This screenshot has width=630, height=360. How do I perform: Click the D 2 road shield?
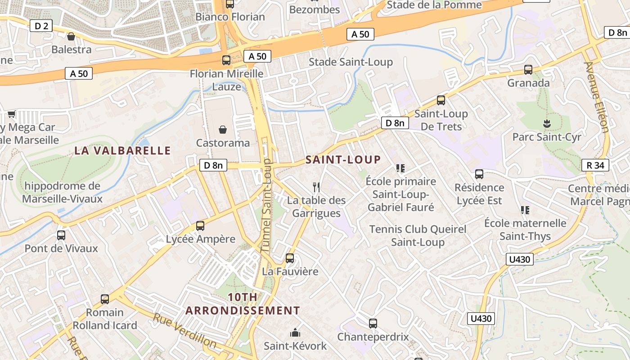41,26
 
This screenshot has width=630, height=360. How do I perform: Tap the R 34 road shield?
595,165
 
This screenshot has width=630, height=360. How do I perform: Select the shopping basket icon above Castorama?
222,130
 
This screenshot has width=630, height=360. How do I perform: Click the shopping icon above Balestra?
71,36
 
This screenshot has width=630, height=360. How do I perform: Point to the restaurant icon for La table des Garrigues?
317,187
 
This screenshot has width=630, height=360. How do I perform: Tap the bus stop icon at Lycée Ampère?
200,226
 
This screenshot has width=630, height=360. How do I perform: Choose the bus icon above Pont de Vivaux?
61,235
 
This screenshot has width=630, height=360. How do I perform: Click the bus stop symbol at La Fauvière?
290,258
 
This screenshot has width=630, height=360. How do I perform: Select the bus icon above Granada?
528,70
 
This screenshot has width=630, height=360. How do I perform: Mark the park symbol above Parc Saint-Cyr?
547,123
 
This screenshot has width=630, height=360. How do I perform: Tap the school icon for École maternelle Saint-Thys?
525,210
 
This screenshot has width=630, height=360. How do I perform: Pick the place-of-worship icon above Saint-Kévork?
295,333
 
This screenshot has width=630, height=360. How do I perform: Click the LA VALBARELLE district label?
122,150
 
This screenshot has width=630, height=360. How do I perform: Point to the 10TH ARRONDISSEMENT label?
243,304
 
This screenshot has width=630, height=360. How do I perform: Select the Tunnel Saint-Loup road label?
267,205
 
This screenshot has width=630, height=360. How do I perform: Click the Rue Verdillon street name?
184,330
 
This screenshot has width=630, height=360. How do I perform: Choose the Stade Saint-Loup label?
351,62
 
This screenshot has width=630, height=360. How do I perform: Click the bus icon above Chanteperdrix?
373,323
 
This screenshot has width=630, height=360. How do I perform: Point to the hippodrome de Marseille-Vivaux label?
63,192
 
